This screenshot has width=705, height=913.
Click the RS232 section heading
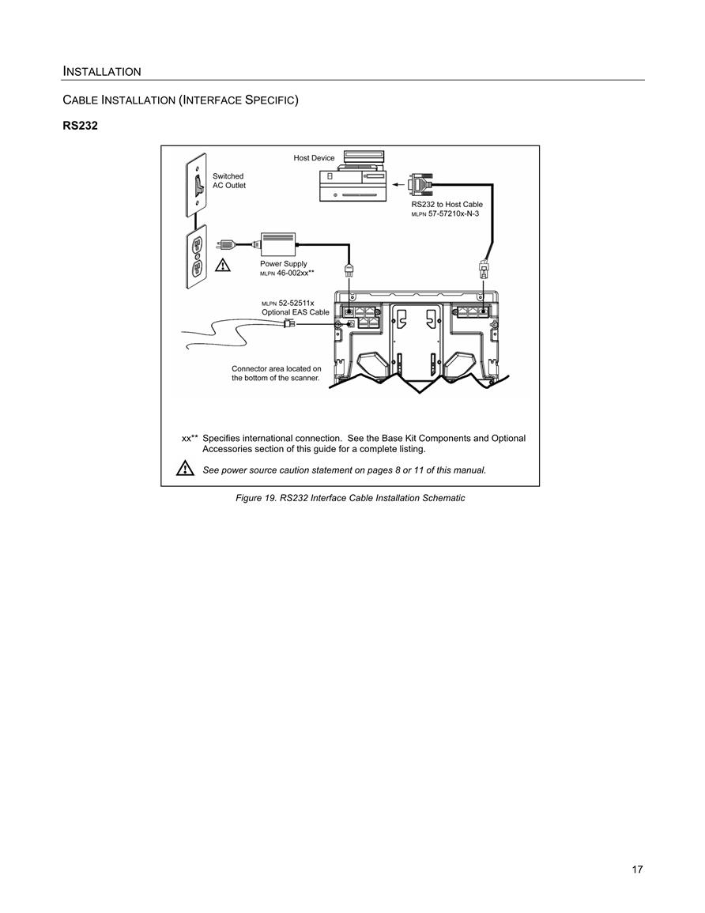81,126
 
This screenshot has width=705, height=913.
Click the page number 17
638,870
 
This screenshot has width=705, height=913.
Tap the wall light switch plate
197,185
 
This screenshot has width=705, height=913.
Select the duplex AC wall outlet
197,258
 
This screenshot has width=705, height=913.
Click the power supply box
278,243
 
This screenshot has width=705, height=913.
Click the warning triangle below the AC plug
223,266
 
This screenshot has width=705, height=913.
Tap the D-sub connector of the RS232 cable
420,185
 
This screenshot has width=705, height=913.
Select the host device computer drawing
353,175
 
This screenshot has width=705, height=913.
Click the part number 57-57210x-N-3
454,213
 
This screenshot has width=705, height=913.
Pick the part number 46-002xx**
296,273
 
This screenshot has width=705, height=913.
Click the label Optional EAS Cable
295,312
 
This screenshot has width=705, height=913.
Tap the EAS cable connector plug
288,324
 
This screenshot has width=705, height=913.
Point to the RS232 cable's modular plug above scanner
483,269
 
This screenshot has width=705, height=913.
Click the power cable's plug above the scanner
349,270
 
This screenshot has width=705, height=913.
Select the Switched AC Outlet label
228,180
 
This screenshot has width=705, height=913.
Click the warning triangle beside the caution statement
185,467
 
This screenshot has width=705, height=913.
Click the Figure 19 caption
350,499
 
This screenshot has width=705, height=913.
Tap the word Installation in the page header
102,72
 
